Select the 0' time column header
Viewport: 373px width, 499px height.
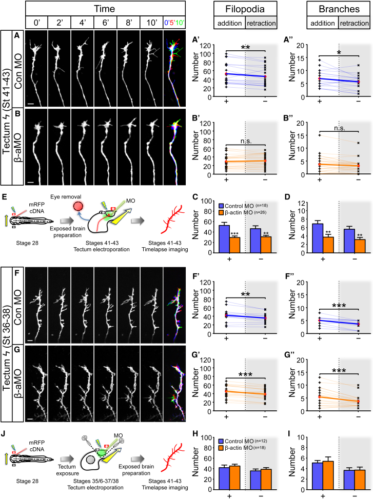coord(35,23)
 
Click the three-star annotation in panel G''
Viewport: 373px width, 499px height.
coord(339,368)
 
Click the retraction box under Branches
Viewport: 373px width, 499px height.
coord(354,24)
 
